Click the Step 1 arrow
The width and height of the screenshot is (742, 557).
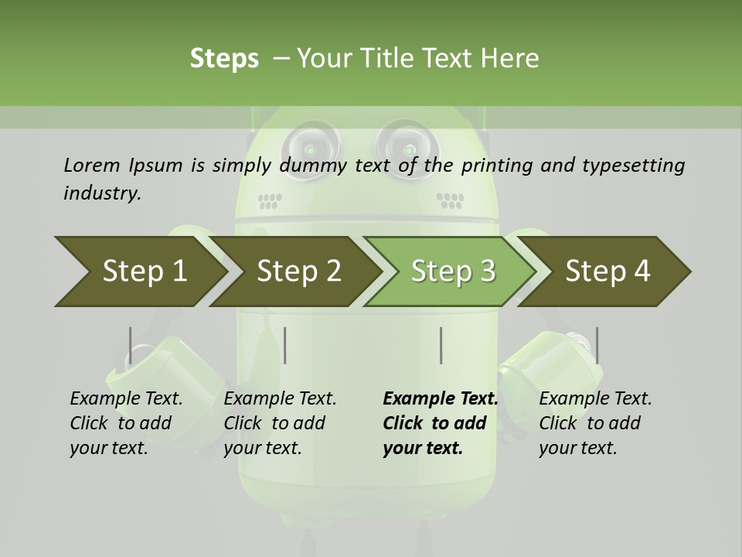[x=139, y=272]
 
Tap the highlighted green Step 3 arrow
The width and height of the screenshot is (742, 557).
[x=452, y=272]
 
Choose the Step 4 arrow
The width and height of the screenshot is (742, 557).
[x=608, y=272]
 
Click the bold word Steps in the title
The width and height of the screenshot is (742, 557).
[x=224, y=58]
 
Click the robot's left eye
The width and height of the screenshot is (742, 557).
[x=310, y=146]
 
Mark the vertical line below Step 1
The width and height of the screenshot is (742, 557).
[x=131, y=345]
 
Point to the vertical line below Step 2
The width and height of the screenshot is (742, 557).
[x=285, y=345]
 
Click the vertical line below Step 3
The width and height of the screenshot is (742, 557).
[x=441, y=345]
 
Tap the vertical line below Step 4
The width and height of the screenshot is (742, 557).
[x=597, y=345]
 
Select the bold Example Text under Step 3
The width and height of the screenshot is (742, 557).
[x=441, y=398]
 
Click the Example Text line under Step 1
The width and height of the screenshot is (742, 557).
[x=126, y=398]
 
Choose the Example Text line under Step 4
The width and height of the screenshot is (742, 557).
[x=595, y=398]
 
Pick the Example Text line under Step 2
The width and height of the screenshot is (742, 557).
[x=280, y=398]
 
